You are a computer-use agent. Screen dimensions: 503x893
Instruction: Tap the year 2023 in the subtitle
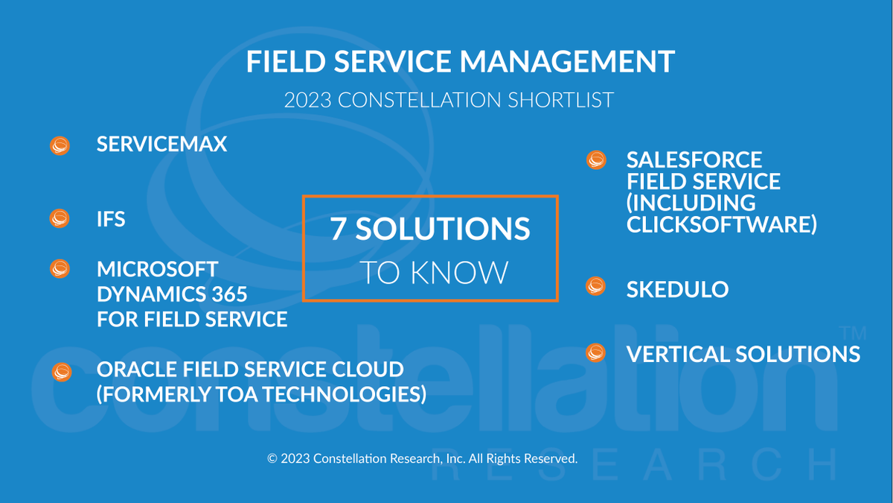308,100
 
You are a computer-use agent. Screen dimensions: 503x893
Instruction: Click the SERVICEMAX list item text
161,144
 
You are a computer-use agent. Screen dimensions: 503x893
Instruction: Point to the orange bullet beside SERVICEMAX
60,145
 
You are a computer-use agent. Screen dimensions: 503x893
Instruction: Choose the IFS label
111,219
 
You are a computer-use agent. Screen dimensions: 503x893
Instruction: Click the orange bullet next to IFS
60,219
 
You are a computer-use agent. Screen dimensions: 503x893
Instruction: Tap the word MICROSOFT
158,268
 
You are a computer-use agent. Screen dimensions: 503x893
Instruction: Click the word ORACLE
134,369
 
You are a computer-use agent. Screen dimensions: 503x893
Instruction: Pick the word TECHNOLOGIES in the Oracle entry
349,393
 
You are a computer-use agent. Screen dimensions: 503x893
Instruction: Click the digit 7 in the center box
338,230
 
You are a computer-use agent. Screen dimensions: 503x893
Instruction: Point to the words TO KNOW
434,273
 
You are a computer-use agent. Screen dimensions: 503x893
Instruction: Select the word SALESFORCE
684,159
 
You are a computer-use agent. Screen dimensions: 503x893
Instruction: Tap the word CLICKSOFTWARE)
721,224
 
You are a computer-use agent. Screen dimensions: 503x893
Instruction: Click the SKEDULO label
677,289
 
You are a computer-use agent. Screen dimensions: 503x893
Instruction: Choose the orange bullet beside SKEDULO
596,286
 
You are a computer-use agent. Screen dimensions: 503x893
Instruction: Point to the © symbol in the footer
272,458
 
